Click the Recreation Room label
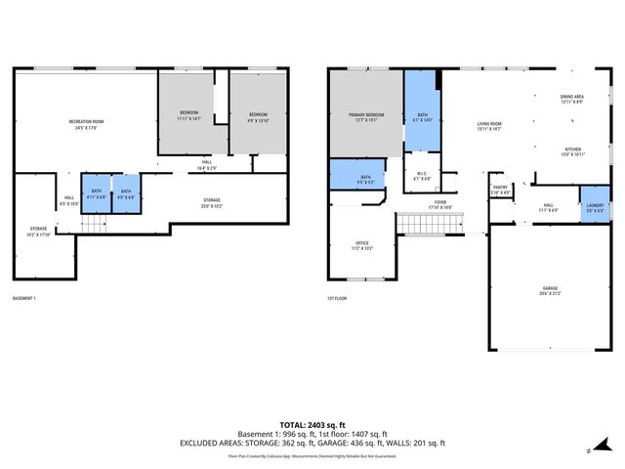(x=86, y=124)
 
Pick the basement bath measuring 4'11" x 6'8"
(x=97, y=193)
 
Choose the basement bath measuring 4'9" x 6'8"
(x=126, y=193)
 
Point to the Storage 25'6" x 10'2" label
(x=211, y=202)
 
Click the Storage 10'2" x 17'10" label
(x=37, y=232)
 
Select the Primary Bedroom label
(x=366, y=117)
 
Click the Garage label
(x=551, y=290)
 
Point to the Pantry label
(x=500, y=190)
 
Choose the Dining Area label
(x=571, y=99)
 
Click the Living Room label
(x=489, y=126)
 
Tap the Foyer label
(x=441, y=204)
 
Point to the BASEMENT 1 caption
(x=23, y=298)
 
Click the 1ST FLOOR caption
(x=337, y=298)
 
